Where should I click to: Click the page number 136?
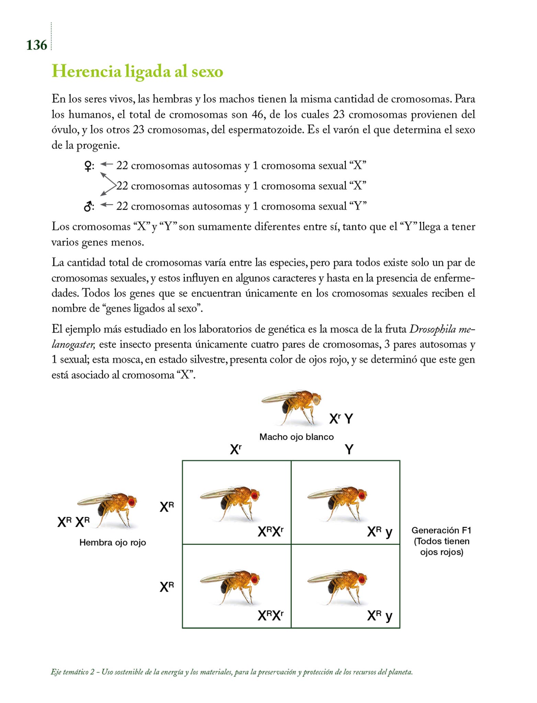(x=36, y=45)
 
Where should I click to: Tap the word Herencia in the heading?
(x=87, y=72)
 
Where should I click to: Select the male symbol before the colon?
(x=88, y=207)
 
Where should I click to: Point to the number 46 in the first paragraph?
(x=258, y=115)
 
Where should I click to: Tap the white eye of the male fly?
(x=316, y=400)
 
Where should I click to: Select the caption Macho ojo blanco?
(x=296, y=437)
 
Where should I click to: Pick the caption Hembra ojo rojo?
(x=113, y=542)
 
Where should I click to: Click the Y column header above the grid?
(x=349, y=449)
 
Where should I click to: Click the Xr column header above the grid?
(x=236, y=449)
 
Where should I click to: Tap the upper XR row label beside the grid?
(x=167, y=507)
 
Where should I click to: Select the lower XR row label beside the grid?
(x=167, y=587)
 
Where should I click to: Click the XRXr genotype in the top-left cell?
(x=271, y=532)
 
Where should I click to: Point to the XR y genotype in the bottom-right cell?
(x=379, y=616)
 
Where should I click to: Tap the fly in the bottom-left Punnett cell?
(x=230, y=586)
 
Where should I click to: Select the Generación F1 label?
(x=441, y=530)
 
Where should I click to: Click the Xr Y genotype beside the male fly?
(x=341, y=419)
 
